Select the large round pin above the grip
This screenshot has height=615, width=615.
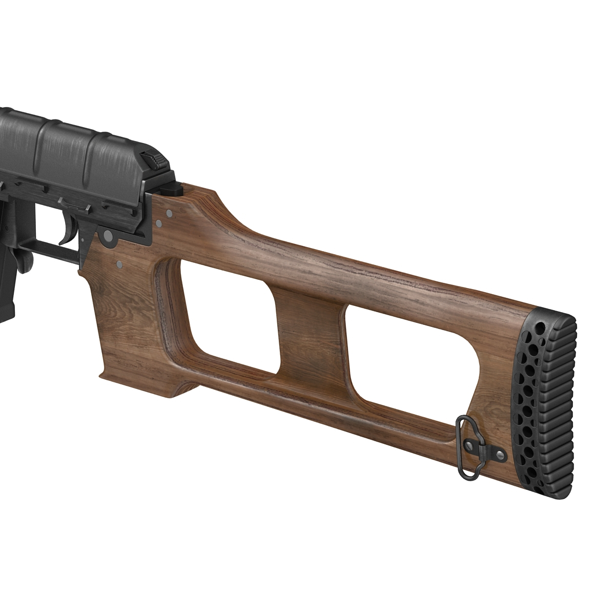click(108, 236)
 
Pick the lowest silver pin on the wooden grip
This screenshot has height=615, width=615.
click(119, 264)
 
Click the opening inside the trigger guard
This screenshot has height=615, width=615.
click(51, 225)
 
